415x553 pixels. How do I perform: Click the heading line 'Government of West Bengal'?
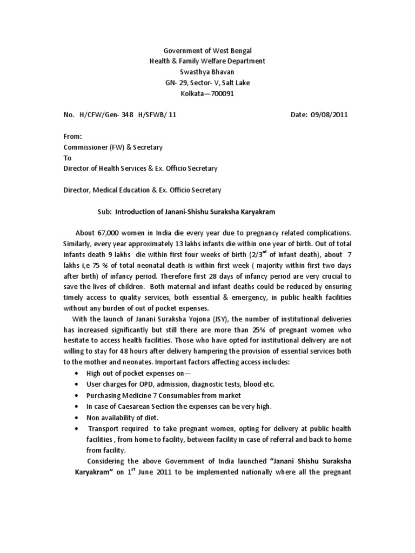[x=207, y=51]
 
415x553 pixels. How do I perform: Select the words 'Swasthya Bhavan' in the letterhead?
[x=207, y=72]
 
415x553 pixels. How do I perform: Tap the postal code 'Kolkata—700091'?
[x=207, y=93]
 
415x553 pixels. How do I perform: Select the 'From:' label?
[x=73, y=137]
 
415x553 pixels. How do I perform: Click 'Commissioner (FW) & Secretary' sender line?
[x=113, y=147]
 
